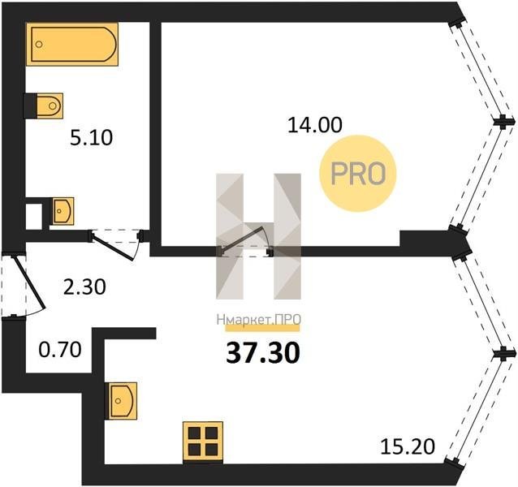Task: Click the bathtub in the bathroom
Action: [x=72, y=45]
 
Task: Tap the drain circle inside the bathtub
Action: [x=39, y=45]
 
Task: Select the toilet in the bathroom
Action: [x=43, y=106]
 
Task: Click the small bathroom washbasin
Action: [x=63, y=211]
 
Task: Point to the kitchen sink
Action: [x=121, y=401]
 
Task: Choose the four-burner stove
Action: [x=203, y=441]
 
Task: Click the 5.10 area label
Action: [x=92, y=138]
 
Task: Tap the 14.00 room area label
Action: [x=315, y=125]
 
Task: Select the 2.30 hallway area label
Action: [x=84, y=287]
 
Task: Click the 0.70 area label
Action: [x=60, y=350]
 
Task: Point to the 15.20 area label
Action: [x=408, y=446]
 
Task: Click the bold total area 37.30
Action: [x=263, y=352]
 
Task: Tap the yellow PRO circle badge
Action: [x=358, y=174]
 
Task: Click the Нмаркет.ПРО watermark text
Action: [x=259, y=319]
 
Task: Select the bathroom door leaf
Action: [x=113, y=247]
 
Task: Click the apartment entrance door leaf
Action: [x=28, y=282]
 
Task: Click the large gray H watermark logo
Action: [x=259, y=236]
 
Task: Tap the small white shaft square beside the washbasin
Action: [x=34, y=216]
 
